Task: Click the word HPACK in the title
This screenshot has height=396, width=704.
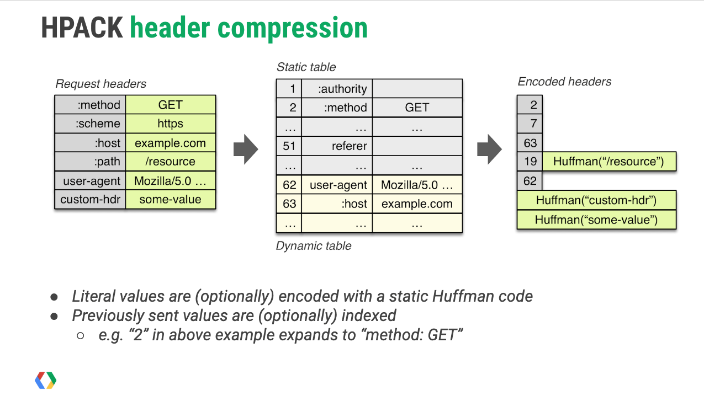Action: [82, 28]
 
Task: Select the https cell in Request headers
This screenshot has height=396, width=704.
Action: [170, 124]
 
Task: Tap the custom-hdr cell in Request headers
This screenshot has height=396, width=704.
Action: [91, 199]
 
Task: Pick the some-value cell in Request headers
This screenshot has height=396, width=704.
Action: [170, 199]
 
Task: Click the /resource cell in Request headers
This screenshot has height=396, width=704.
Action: [170, 162]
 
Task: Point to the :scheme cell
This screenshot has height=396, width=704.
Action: [91, 124]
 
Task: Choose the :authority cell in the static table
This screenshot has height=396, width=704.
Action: [337, 89]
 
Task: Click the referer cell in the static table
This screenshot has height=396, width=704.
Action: [337, 146]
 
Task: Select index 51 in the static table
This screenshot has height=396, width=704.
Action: [289, 146]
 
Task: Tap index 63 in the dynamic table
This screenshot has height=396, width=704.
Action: [289, 204]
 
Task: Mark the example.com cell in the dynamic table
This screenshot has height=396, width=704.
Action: [417, 204]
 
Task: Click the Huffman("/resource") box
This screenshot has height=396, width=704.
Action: [608, 162]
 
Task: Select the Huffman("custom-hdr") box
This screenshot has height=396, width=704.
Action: [596, 200]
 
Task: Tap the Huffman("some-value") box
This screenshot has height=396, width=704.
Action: [596, 220]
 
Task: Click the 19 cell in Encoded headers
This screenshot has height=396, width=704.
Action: [530, 162]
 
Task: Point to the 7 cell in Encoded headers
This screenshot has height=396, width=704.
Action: [530, 124]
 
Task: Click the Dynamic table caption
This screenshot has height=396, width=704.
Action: [314, 246]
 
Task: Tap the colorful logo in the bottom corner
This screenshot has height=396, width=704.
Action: [46, 380]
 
